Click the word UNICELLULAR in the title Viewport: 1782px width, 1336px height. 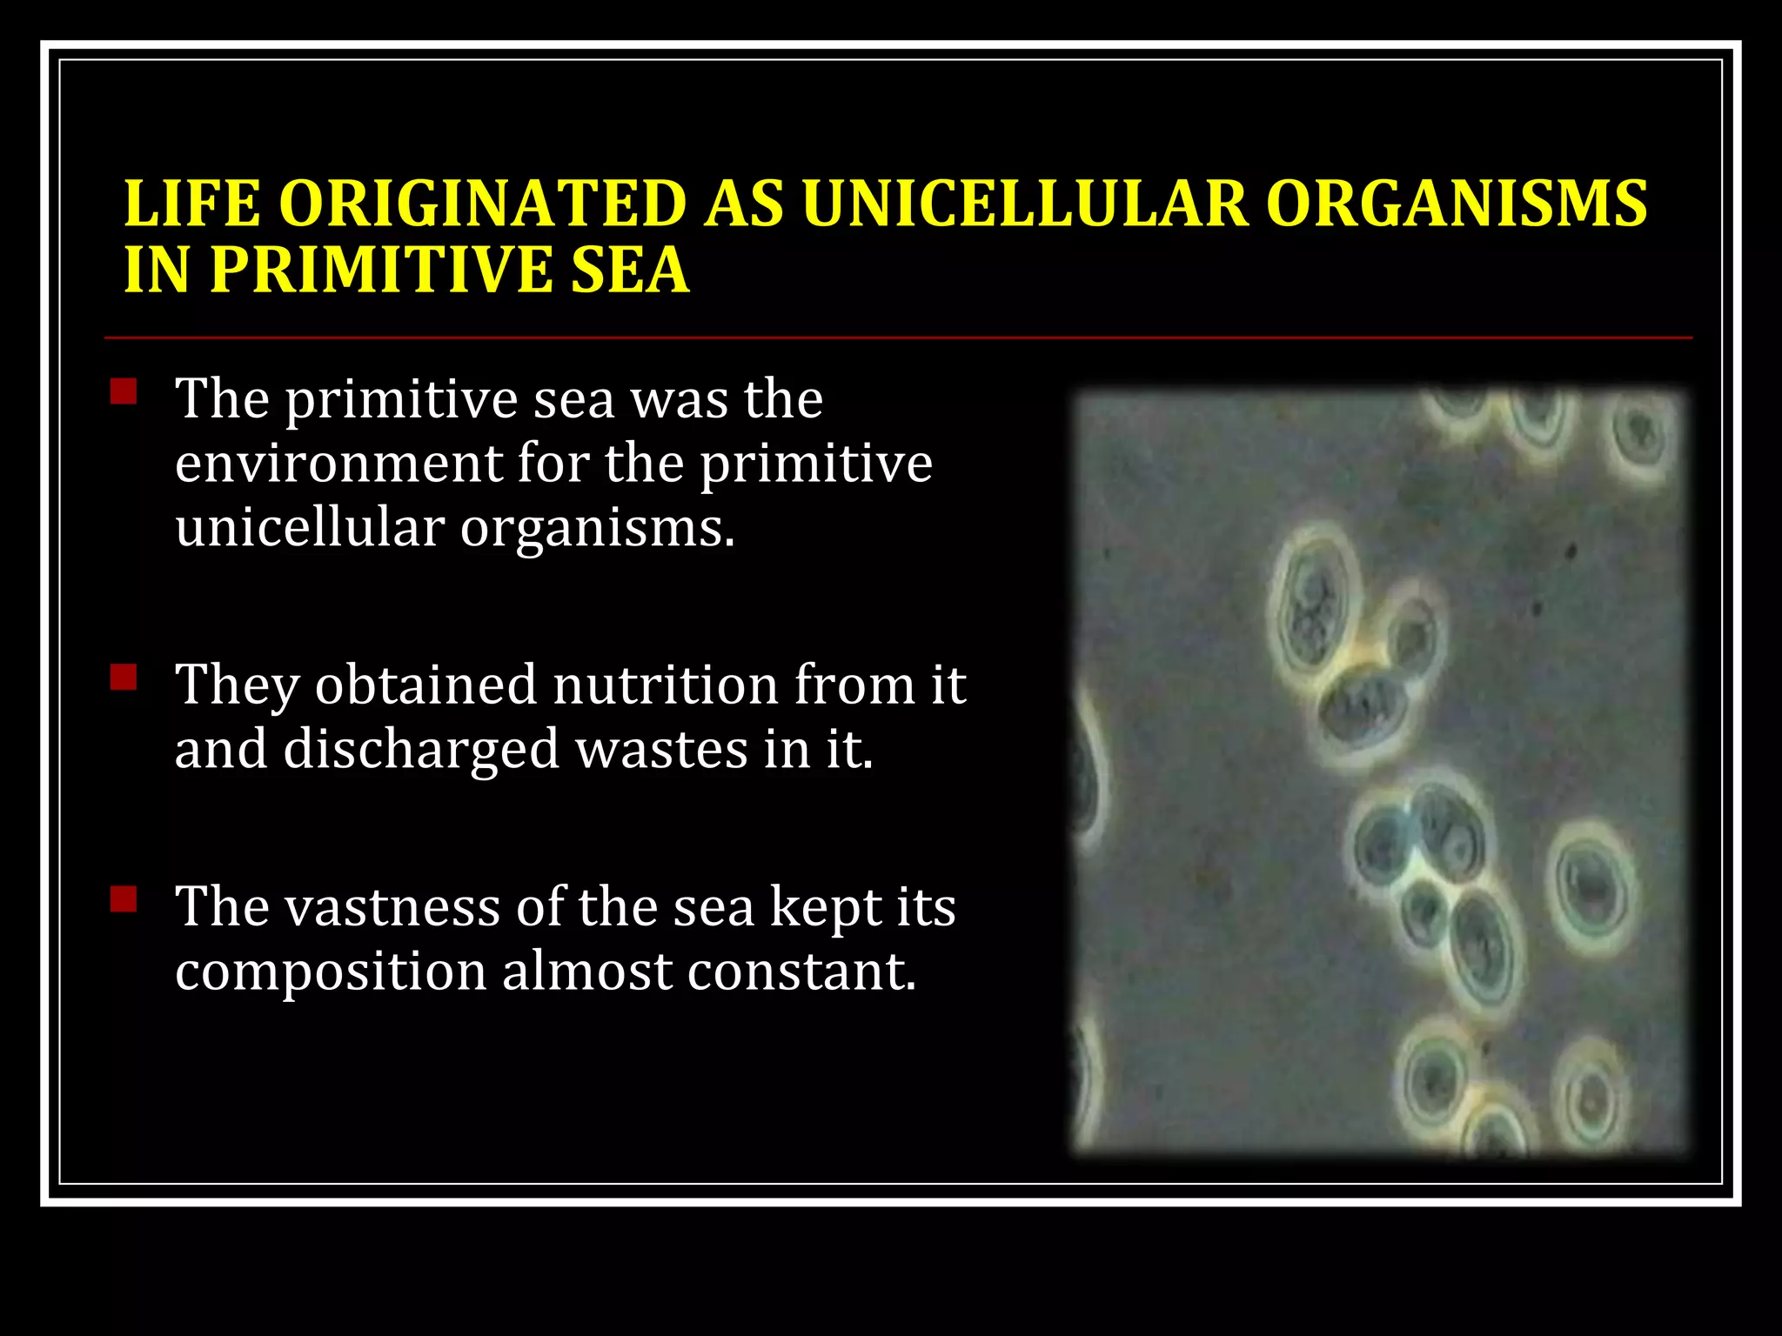coord(1025,204)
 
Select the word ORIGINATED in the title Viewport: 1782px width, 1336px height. coord(483,204)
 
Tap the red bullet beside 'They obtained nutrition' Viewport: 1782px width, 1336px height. coord(124,677)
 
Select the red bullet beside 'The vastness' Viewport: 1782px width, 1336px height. coord(124,898)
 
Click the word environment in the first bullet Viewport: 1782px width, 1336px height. coord(338,463)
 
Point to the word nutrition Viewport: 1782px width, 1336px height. coord(665,685)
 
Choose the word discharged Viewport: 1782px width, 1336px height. coord(421,750)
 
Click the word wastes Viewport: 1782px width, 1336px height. coord(661,750)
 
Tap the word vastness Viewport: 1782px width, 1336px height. coord(392,907)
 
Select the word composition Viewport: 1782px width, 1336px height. coord(330,972)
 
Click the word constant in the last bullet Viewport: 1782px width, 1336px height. coord(801,972)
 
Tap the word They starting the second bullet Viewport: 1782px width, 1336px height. coord(237,685)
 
